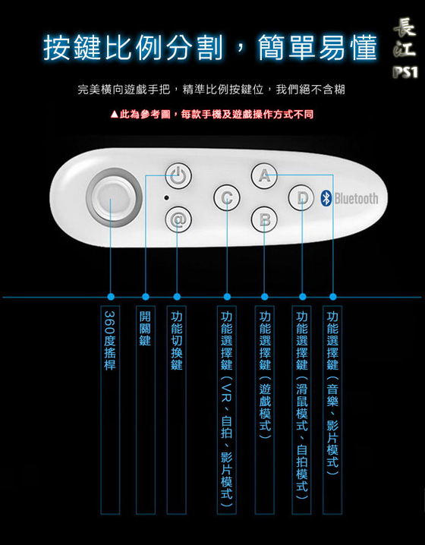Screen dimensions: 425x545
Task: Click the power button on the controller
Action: point(178,175)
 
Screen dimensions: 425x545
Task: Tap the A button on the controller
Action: point(264,175)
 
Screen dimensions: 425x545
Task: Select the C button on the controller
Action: point(227,198)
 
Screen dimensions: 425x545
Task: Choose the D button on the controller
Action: point(301,198)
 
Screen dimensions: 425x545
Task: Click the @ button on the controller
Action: point(178,219)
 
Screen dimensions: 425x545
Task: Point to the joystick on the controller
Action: point(114,197)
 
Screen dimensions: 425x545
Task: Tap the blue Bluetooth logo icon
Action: point(326,198)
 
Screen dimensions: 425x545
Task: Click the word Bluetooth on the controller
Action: point(356,198)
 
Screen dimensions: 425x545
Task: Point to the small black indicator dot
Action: point(166,198)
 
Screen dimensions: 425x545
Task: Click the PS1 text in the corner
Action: point(405,72)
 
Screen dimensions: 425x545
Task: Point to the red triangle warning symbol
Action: point(115,115)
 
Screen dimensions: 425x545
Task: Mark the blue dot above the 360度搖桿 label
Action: point(111,297)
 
